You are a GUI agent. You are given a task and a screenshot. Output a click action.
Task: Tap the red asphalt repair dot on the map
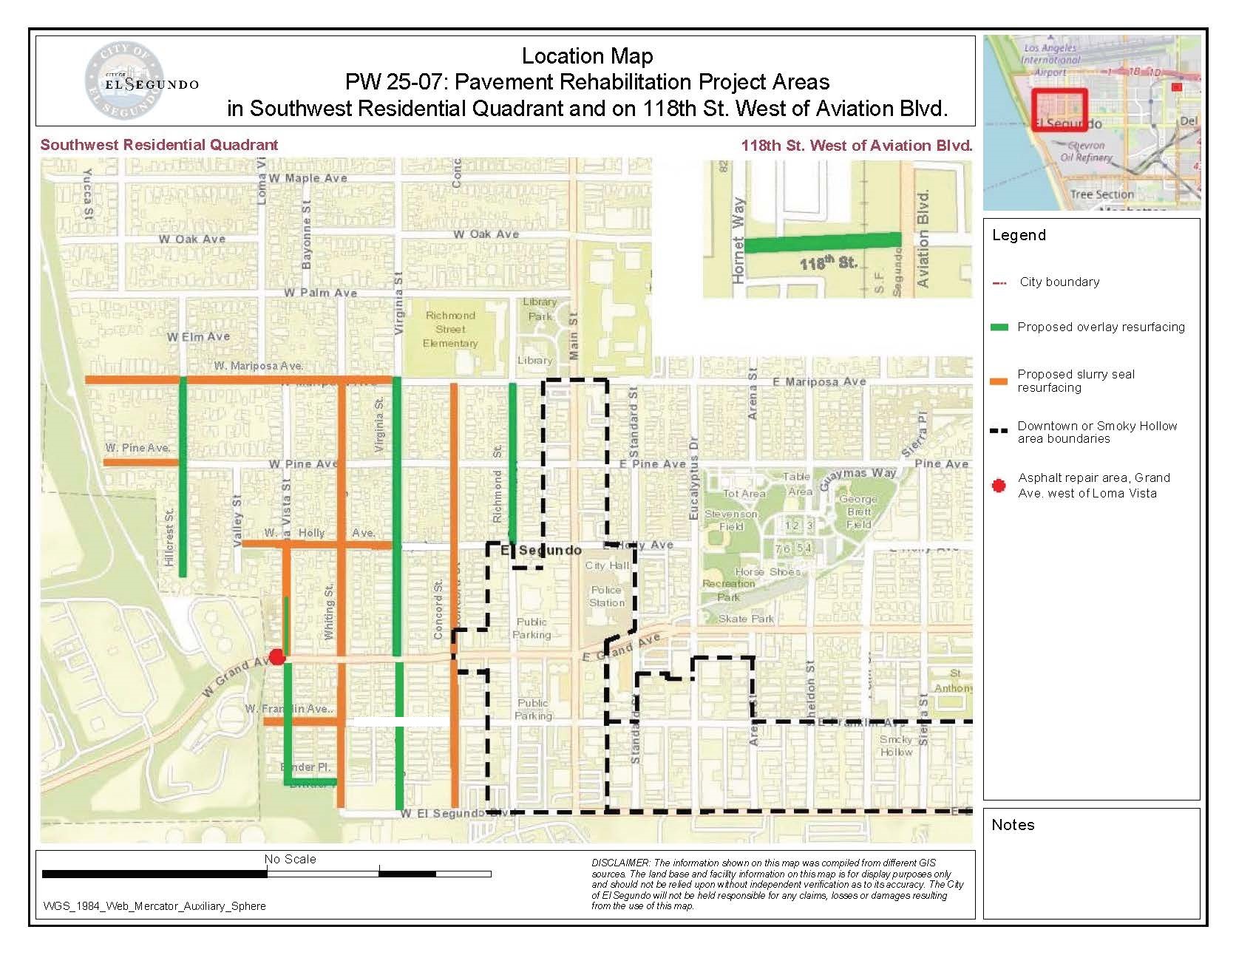(276, 657)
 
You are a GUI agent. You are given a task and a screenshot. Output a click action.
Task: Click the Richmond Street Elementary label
(450, 329)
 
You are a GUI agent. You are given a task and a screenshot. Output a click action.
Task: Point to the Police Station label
(606, 596)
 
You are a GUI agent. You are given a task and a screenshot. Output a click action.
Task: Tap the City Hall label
(607, 565)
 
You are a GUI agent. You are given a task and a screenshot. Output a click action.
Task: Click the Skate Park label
(746, 619)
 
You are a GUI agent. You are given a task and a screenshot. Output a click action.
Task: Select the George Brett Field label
(858, 512)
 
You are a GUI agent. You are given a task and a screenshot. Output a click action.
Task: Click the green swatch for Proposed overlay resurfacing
(999, 327)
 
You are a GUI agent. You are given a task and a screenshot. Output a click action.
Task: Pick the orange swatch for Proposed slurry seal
(999, 381)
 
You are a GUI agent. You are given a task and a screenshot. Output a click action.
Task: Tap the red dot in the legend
(999, 486)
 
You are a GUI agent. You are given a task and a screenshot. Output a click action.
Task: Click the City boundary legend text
(1059, 282)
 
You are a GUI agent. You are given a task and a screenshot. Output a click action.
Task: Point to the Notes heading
(1013, 825)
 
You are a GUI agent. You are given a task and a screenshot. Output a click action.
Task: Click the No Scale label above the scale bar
(290, 859)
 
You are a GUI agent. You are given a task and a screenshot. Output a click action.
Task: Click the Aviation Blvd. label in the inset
(923, 239)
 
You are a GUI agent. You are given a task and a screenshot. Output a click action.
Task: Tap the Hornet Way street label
(738, 241)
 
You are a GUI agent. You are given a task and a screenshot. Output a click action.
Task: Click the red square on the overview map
(1059, 109)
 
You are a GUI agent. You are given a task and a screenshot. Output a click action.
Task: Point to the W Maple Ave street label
(308, 178)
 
